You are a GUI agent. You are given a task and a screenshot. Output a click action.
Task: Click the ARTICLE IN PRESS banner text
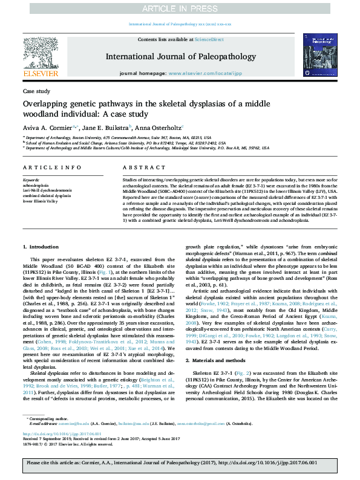(x=179, y=8)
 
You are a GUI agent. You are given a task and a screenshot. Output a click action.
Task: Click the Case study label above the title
(x=36, y=91)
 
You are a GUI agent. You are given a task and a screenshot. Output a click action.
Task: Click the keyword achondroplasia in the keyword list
(x=37, y=184)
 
